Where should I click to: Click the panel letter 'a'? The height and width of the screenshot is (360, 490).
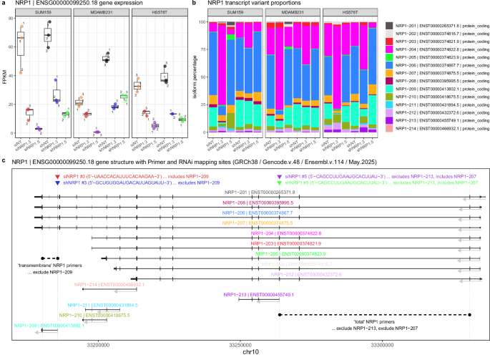pos(4,4)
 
